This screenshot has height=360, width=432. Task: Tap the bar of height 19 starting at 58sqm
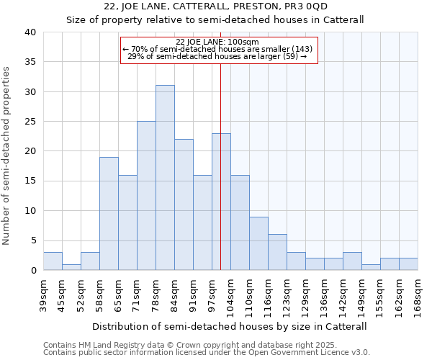coord(109,214)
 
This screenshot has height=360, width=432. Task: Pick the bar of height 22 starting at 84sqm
coord(184,204)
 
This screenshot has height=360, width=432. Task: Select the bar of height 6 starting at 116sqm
coord(277,253)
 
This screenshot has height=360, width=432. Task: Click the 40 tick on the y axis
coord(30,32)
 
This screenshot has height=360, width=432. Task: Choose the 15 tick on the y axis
coord(30,181)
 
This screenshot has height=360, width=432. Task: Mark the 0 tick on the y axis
coord(33,271)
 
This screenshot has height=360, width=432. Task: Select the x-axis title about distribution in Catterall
coord(230,326)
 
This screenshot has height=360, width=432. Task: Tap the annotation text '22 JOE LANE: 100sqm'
coord(217,42)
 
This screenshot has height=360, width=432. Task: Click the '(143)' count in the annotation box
coord(301,49)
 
